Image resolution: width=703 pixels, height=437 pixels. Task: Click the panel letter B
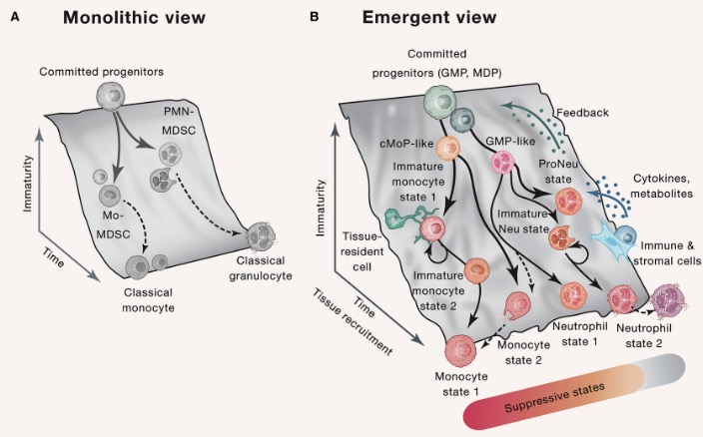pyautogui.click(x=316, y=17)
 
